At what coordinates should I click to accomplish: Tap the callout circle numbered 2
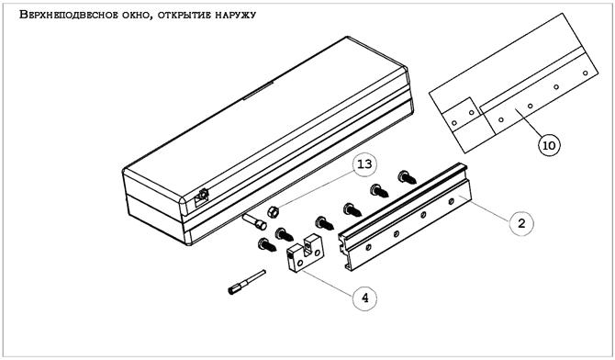point(520,222)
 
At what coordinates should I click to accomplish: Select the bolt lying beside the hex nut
point(253,219)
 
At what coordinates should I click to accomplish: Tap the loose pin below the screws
point(245,281)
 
